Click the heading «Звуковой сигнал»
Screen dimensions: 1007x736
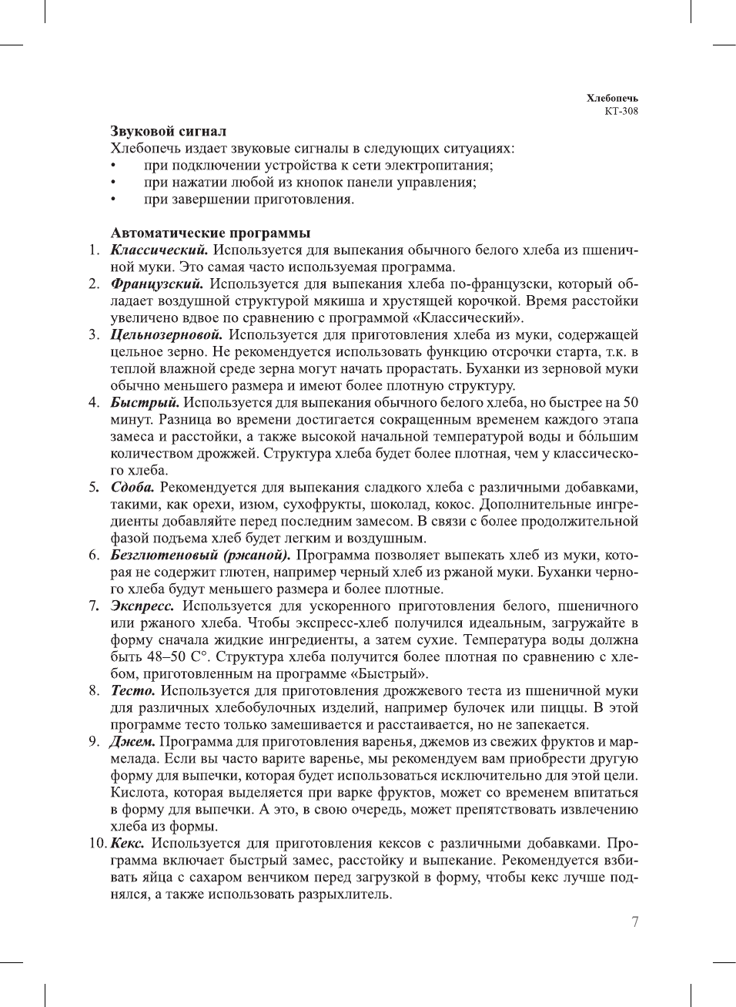168,131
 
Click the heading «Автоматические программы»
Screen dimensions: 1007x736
210,233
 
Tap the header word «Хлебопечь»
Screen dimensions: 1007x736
612,98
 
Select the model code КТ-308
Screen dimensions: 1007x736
621,111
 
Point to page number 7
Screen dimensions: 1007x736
634,922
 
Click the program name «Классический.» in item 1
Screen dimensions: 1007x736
159,250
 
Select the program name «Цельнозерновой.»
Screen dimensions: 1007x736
166,334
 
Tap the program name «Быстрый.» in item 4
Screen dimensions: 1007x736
145,402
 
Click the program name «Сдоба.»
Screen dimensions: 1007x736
132,487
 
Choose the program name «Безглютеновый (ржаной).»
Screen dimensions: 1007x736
200,555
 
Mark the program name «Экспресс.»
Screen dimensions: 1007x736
142,606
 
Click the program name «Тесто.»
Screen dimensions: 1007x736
132,690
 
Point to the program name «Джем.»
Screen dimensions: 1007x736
132,741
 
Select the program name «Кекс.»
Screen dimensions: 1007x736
127,843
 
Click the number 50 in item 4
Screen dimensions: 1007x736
630,402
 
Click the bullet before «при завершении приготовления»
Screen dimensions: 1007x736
114,200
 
